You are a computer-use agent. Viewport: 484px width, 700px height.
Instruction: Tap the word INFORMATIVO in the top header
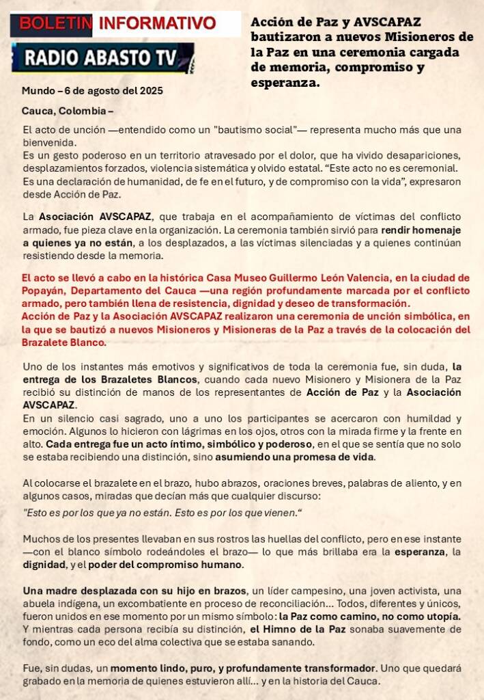pos(157,24)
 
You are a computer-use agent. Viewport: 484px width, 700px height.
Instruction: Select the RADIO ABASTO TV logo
pos(102,58)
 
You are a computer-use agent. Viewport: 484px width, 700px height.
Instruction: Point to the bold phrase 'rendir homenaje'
pos(421,230)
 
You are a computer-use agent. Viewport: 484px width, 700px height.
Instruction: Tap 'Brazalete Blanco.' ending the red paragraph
pos(63,342)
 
